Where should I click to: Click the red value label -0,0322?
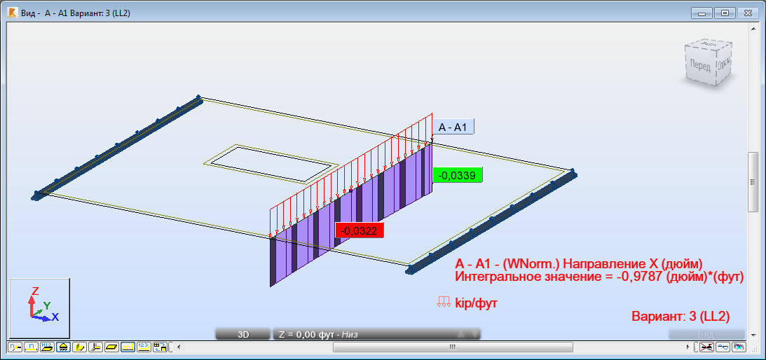click(360, 230)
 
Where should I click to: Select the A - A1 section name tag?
click(453, 127)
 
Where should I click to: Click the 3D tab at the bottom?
click(242, 334)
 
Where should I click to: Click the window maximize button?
click(725, 13)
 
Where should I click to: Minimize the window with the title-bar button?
click(702, 13)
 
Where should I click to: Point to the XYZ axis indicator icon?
click(39, 308)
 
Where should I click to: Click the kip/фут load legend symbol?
click(443, 302)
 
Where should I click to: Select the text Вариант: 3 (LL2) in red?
click(680, 316)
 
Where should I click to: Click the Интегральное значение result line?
click(599, 277)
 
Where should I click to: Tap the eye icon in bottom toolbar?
click(739, 347)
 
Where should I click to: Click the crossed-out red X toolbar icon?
click(707, 347)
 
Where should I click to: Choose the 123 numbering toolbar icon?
click(144, 347)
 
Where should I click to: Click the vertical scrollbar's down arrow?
click(753, 334)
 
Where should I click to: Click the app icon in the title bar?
click(12, 13)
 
